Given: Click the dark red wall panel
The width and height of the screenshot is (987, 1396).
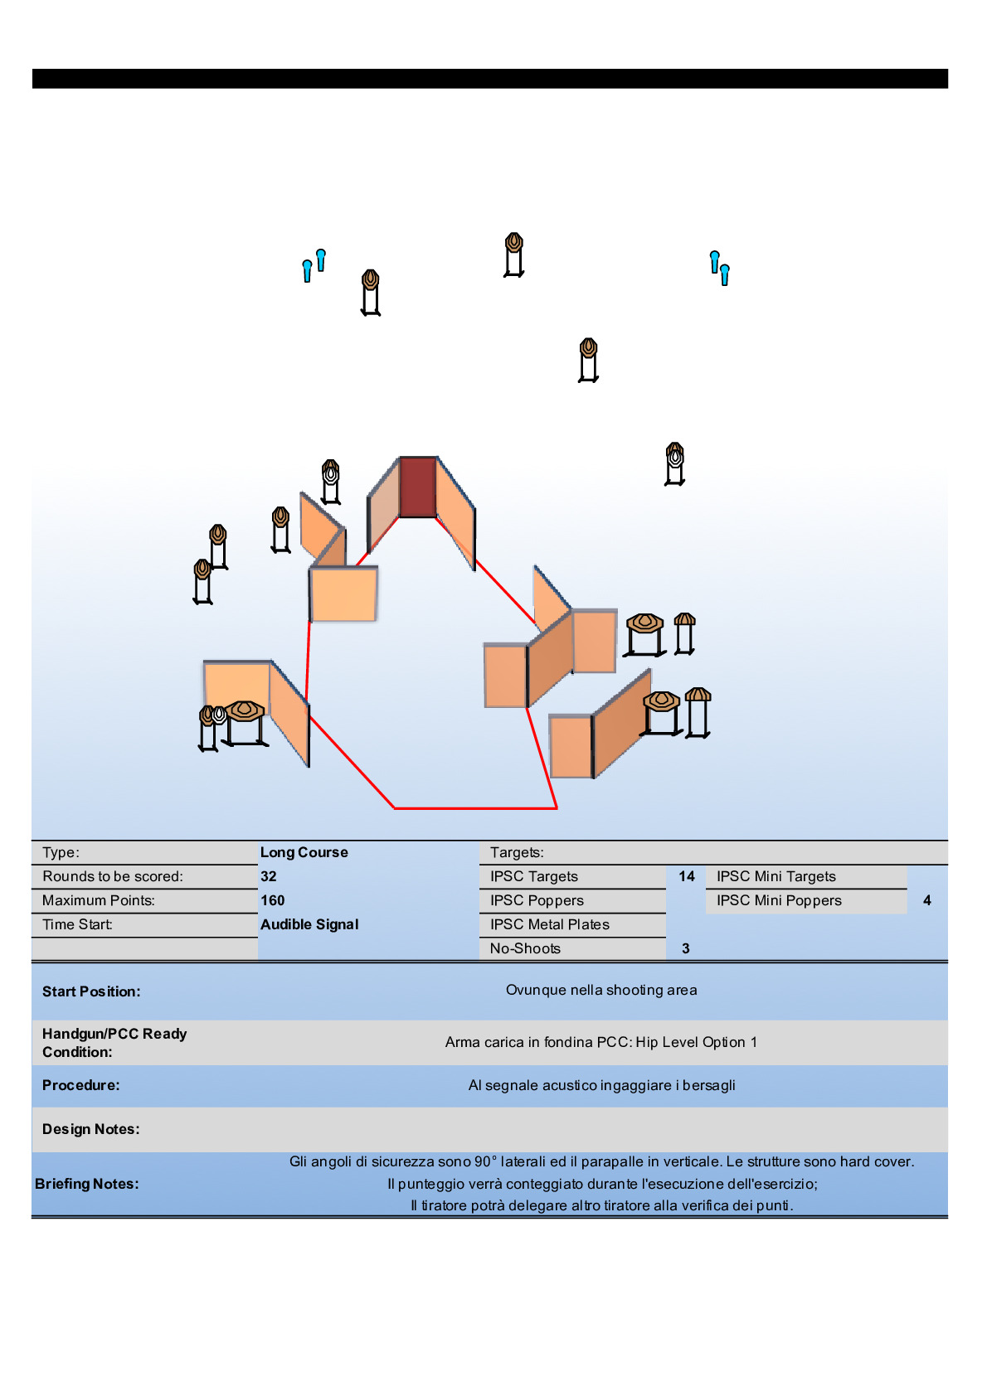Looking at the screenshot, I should click(418, 487).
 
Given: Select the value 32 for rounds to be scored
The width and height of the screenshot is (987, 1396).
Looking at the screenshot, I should click(269, 876).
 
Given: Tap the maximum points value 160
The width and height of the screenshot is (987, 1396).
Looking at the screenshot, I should click(273, 900).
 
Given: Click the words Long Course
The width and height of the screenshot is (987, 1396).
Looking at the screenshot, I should click(304, 852).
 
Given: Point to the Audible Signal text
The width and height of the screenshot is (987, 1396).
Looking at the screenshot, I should click(309, 924).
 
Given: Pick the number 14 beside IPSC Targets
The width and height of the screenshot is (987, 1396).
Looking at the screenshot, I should click(687, 876).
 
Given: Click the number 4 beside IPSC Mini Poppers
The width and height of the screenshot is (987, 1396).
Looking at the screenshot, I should click(926, 900).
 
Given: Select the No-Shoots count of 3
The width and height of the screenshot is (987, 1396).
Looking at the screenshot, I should click(686, 948).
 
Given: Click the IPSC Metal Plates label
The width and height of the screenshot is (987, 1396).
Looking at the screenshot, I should click(549, 924).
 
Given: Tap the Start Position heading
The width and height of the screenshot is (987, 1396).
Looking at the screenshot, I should click(91, 991).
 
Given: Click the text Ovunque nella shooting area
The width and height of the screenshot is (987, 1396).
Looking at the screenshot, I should click(601, 990).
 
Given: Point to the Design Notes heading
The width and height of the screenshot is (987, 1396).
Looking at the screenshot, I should click(91, 1129).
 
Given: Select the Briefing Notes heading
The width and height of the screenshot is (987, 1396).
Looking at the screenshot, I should click(87, 1184).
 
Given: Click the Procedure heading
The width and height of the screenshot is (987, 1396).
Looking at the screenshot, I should click(81, 1085).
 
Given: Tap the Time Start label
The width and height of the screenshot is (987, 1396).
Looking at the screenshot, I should click(78, 924).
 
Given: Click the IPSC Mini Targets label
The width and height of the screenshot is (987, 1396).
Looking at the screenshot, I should click(776, 876).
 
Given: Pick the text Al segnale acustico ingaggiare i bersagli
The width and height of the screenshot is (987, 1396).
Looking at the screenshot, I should click(601, 1085).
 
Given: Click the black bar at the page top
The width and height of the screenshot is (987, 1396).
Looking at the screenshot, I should click(489, 79).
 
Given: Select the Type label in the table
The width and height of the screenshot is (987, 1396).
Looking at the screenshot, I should click(61, 852).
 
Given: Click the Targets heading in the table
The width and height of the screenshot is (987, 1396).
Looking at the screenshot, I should click(517, 852).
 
